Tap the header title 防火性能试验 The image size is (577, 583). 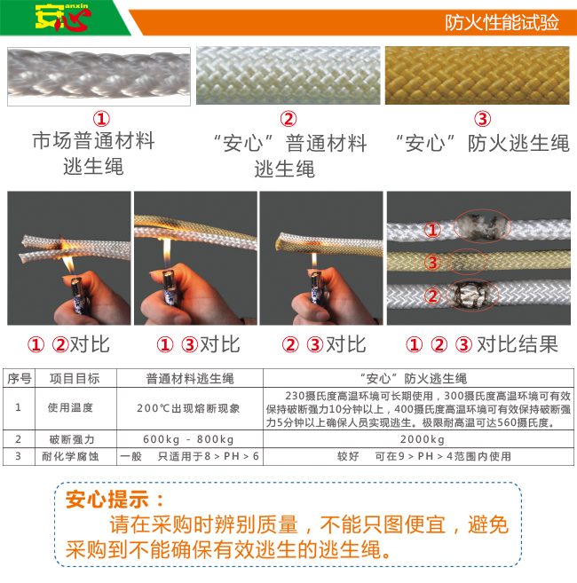point(501,22)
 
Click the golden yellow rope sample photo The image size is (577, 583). point(481,76)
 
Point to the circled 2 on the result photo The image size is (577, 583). point(431,295)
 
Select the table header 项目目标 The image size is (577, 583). point(75,378)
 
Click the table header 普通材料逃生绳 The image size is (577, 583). point(189,378)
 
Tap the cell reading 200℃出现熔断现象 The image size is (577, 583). point(189,409)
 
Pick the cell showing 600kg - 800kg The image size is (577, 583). point(189,439)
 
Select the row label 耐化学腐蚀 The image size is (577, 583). point(75,456)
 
